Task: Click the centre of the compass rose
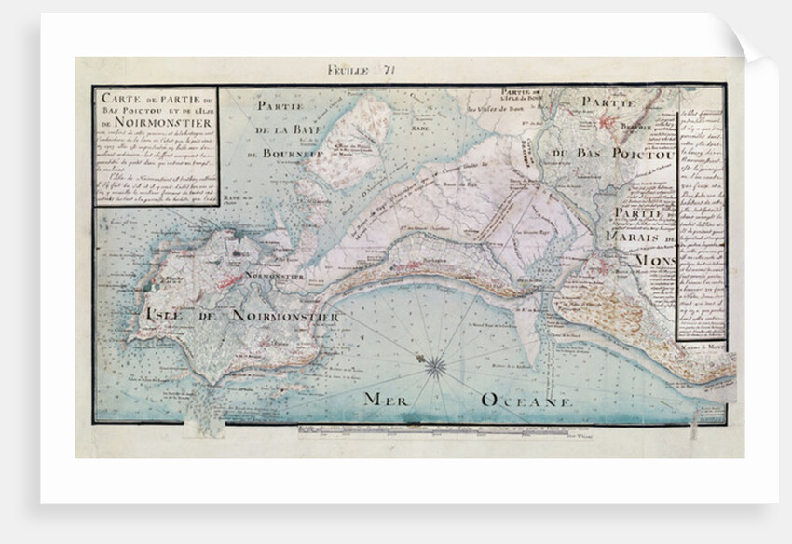click(x=435, y=366)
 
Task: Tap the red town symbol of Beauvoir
click(x=613, y=121)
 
